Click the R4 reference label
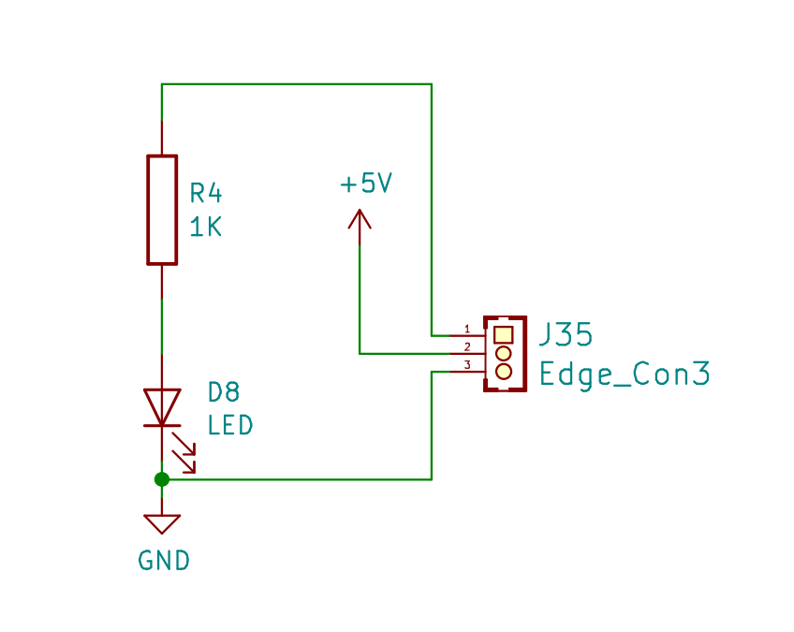[206, 194]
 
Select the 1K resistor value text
[206, 227]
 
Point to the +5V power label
[366, 183]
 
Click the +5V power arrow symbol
[360, 228]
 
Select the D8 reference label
[224, 392]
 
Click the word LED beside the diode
[230, 425]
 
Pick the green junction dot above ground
[162, 479]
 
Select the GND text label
[164, 561]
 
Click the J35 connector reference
[566, 335]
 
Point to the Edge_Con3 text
[625, 375]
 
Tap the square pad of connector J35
[504, 335]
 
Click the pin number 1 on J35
[467, 330]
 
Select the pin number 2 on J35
[467, 346]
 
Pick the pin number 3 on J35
[467, 364]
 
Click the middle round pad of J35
[504, 353]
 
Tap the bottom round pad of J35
[504, 371]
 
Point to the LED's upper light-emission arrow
[184, 444]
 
